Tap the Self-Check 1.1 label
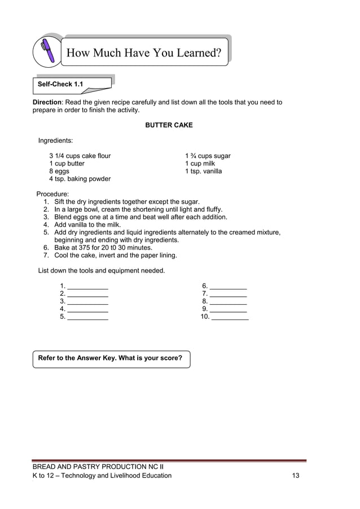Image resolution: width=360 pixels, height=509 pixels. (60, 85)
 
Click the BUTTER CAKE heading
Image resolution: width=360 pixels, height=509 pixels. (169, 125)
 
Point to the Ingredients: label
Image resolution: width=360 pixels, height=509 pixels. (55, 141)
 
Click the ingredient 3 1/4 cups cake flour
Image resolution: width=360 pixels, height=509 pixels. (80, 156)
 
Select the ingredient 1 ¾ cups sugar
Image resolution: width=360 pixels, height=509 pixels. (208, 156)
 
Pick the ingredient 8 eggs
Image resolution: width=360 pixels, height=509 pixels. (59, 172)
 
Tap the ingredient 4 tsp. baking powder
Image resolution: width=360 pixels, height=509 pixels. (80, 179)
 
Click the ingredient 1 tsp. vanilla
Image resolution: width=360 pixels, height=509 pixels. (203, 172)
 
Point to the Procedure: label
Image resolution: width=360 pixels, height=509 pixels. (53, 194)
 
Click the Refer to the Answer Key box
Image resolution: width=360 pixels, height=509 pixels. (111, 359)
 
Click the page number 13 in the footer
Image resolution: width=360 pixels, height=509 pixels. (296, 476)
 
